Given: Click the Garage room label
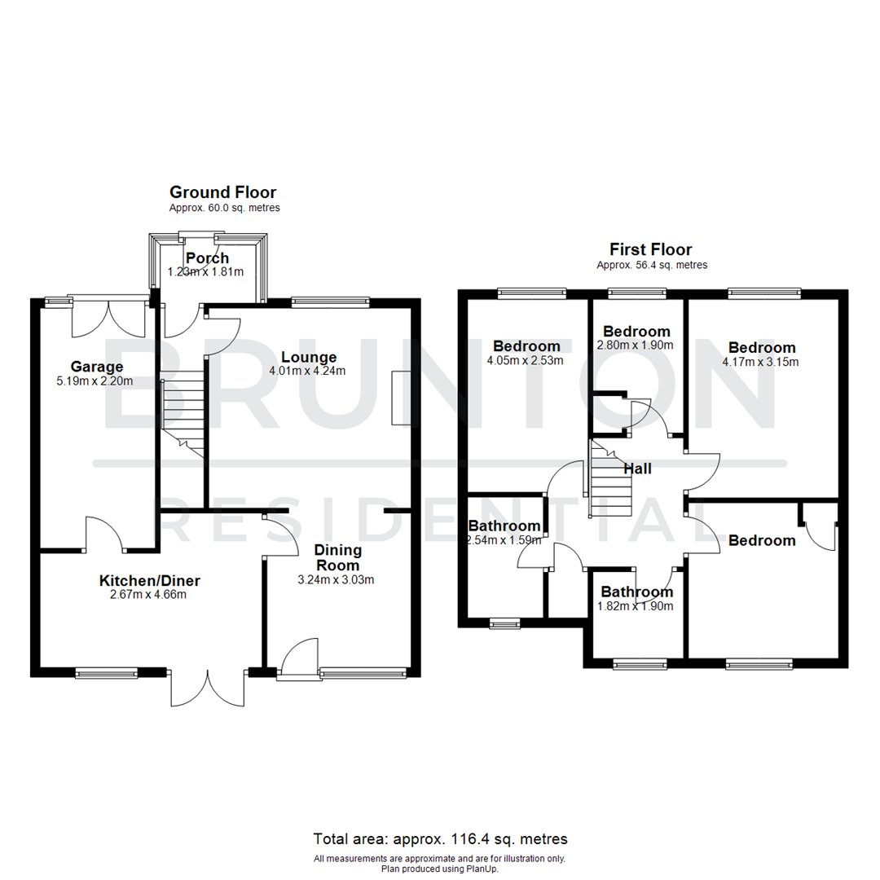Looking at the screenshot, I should (96, 366).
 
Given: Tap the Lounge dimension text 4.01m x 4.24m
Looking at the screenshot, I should (309, 372).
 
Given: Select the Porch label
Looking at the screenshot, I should (207, 258).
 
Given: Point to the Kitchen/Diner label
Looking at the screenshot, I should (149, 581).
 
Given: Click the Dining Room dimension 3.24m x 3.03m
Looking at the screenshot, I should (337, 580).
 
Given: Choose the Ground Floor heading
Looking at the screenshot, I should (222, 192).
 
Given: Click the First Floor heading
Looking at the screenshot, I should (651, 249).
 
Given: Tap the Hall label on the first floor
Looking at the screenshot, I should (637, 469).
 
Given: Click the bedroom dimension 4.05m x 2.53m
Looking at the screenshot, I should (526, 360).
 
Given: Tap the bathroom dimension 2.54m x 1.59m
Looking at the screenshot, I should (504, 539).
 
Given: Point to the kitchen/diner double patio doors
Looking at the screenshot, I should (208, 687).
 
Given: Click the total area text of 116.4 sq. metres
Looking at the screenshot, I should (440, 838).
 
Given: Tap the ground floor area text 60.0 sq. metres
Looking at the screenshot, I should (224, 208).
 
